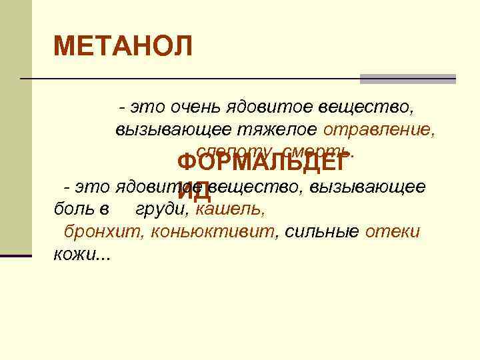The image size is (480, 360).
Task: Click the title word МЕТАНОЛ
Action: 123,47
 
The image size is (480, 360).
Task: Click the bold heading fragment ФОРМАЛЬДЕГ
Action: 262,163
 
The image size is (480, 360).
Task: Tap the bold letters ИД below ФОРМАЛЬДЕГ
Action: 195,192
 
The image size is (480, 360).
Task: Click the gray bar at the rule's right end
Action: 407,79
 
